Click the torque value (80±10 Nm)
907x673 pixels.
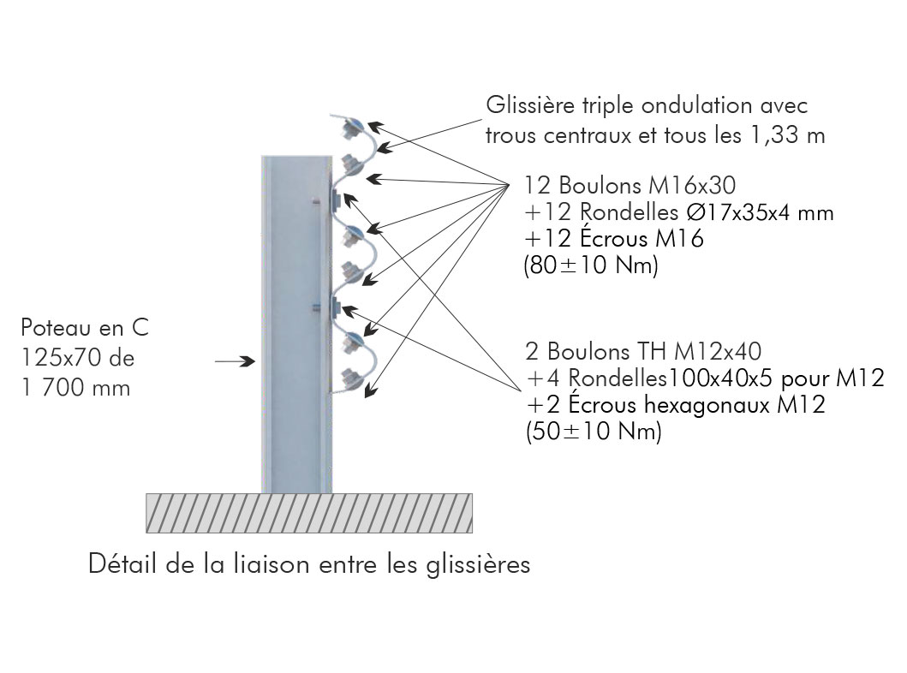(x=590, y=266)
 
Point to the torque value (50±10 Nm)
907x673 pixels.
(x=593, y=432)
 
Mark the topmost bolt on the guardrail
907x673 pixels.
(x=351, y=128)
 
